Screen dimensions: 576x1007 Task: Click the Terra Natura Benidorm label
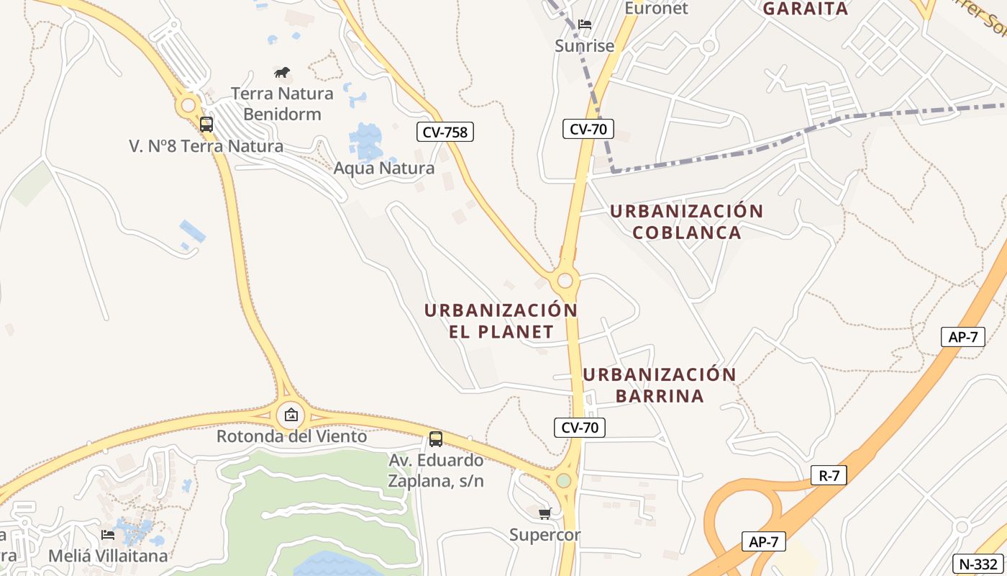[282, 104]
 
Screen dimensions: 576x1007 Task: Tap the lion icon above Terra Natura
[282, 72]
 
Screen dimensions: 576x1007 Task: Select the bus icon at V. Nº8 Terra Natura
[206, 125]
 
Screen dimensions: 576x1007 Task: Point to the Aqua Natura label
[384, 168]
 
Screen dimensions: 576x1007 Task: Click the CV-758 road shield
[445, 132]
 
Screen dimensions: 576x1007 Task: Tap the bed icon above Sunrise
[585, 24]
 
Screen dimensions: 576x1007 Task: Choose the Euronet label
[656, 9]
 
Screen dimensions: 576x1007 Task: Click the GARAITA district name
[806, 9]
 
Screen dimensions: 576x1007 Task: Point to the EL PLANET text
[501, 332]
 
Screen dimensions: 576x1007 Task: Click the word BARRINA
[660, 396]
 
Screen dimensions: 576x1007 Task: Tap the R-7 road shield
[829, 475]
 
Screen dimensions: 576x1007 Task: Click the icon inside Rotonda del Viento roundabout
[291, 415]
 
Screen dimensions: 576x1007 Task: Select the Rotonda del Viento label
[292, 436]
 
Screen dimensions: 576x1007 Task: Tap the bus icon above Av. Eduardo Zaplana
[436, 438]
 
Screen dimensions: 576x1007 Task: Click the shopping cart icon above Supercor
[545, 513]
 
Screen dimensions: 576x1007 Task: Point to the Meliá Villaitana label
[108, 556]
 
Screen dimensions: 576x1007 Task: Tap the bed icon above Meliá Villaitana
[108, 534]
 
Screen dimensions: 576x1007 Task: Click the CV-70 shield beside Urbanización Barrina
[580, 428]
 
